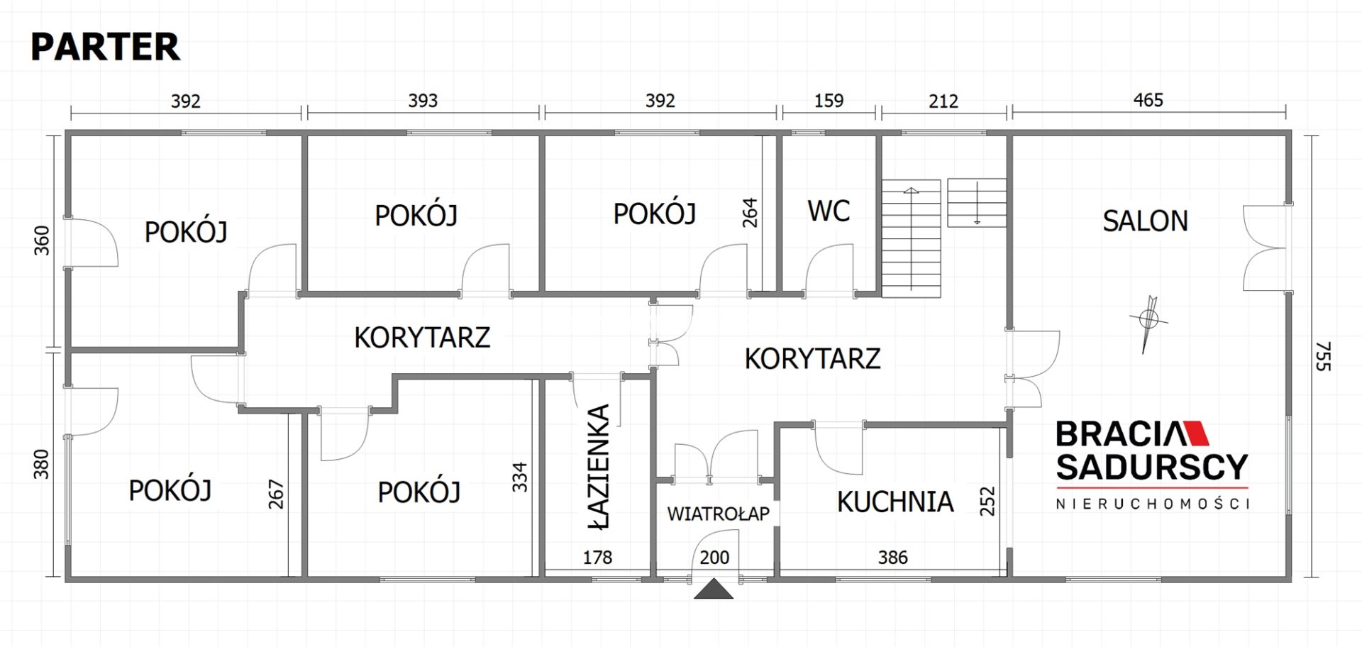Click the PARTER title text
(105, 47)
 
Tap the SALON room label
(1145, 221)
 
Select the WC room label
(829, 211)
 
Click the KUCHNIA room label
(895, 502)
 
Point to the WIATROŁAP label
(718, 514)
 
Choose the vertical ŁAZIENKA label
(599, 467)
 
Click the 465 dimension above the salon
(1148, 100)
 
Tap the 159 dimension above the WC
(829, 101)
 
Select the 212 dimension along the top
(943, 101)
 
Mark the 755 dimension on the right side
(1323, 356)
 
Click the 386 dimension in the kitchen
(892, 558)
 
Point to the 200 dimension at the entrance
(714, 558)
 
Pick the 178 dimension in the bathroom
(597, 558)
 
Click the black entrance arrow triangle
(714, 590)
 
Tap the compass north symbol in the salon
(1148, 323)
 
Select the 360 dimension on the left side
(42, 240)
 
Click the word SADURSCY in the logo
(1152, 467)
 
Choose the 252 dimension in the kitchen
(987, 501)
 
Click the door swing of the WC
(829, 268)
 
